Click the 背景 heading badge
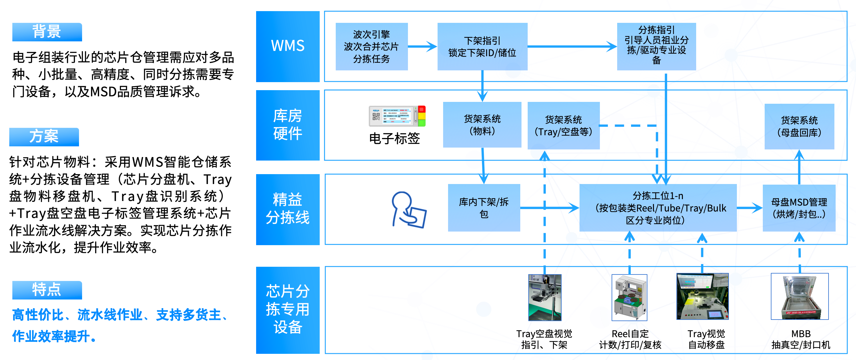coord(47,32)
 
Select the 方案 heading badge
coord(44,136)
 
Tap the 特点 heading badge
coord(47,290)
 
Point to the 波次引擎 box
coord(372,47)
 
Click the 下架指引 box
coord(482,47)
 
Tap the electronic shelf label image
coord(397,116)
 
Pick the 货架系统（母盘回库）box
coord(799,126)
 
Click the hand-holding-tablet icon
coord(408,210)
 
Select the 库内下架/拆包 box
coord(484,208)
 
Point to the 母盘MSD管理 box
coord(799,208)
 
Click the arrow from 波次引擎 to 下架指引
coord(422,47)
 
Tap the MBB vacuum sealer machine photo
coord(800,296)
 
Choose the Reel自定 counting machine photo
coord(630,297)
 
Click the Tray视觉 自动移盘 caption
coord(706,339)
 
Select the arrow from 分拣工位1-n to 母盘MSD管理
coord(749,208)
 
